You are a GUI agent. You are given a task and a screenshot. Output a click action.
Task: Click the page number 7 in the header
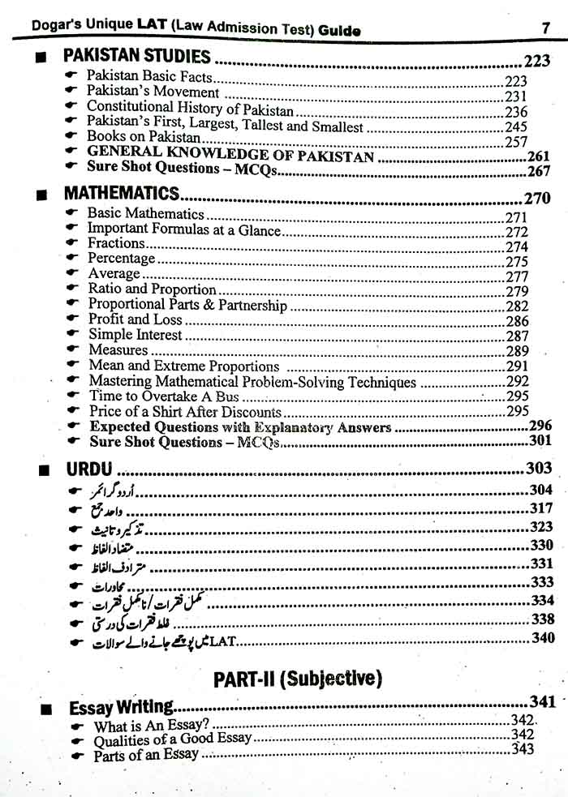pos(546,28)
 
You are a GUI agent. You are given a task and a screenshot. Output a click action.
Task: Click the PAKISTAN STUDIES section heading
pos(137,58)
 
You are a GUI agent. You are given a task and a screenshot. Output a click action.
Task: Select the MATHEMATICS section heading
pos(121,195)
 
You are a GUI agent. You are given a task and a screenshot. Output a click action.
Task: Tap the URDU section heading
pos(88,469)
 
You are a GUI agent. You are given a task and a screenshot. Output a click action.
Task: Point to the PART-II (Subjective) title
pos(298,679)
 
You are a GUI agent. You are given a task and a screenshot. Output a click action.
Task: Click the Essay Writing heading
pos(122,708)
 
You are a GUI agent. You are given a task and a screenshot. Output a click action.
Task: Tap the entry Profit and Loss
pos(135,319)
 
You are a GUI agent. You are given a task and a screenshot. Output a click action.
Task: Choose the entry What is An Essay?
pos(152,726)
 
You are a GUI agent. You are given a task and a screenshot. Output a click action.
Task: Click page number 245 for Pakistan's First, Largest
pos(515,126)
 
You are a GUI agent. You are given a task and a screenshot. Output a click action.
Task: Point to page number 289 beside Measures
pos(517,351)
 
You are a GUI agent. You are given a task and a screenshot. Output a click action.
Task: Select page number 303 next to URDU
pos(538,468)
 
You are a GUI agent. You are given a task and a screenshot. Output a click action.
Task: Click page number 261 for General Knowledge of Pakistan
pos(539,156)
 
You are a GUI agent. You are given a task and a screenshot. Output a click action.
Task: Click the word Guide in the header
pos(340,31)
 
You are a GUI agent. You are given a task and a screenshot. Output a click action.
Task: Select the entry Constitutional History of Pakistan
pos(190,107)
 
